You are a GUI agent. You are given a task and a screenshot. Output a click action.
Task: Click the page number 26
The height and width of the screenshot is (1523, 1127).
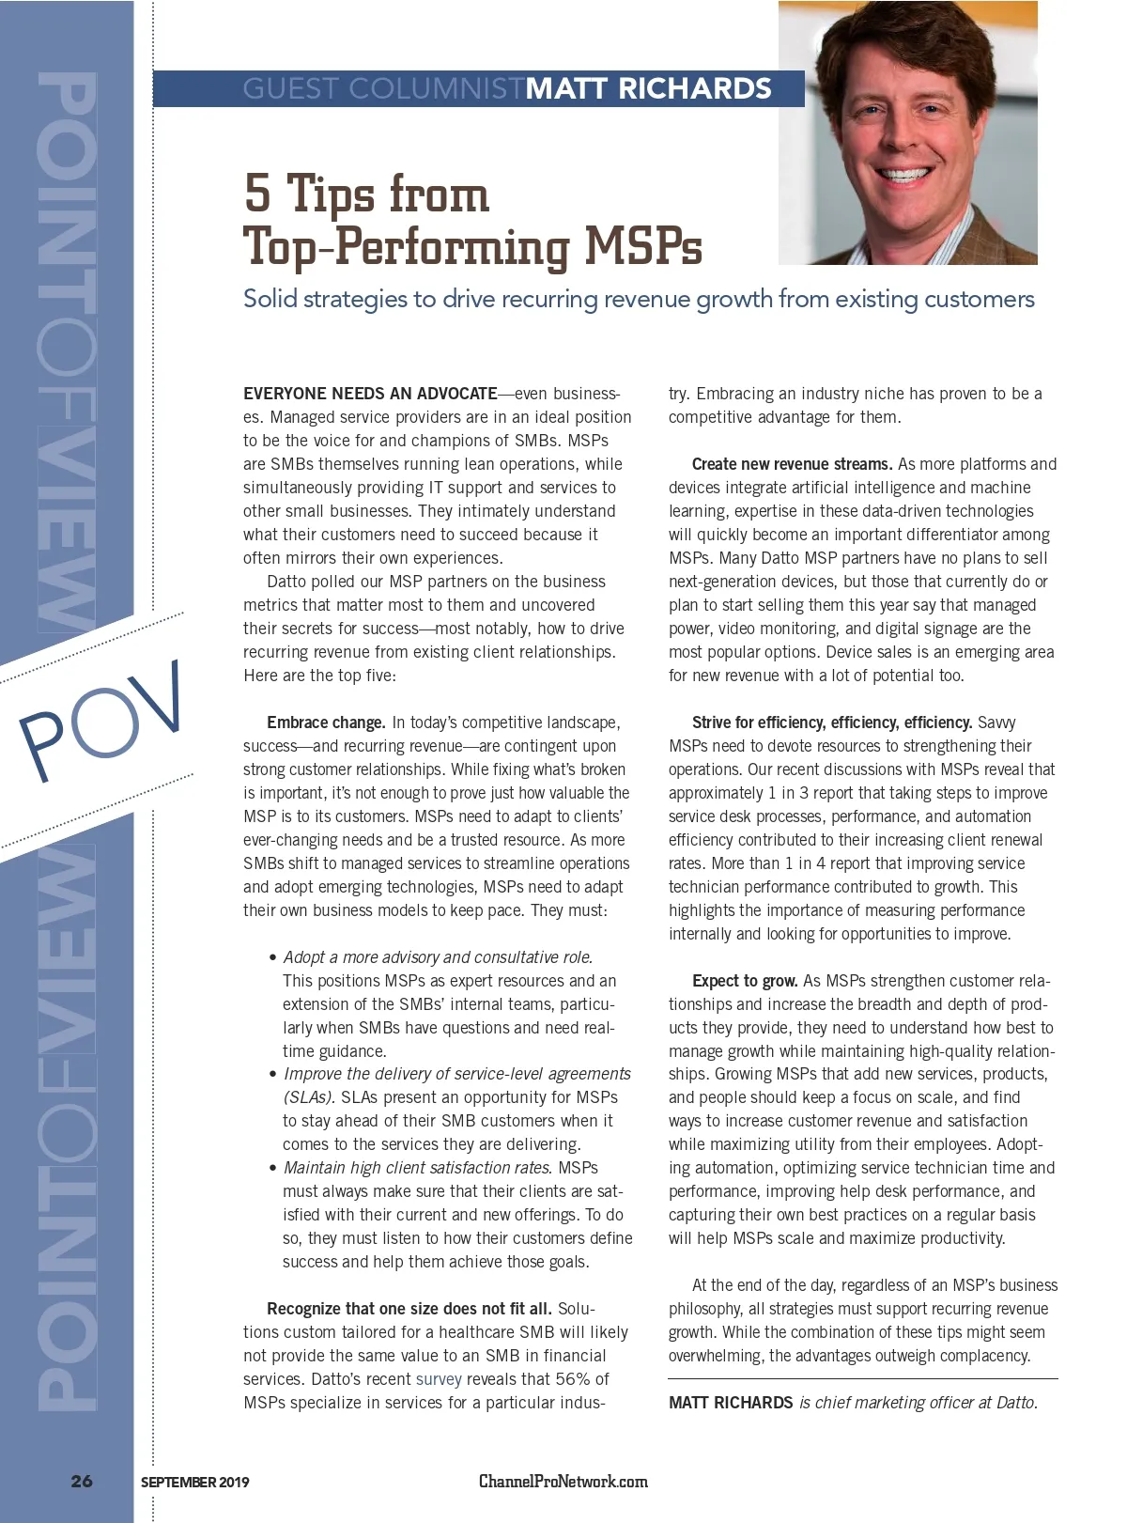(82, 1481)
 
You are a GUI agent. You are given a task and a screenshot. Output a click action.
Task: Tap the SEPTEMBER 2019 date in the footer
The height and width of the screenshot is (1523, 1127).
(194, 1482)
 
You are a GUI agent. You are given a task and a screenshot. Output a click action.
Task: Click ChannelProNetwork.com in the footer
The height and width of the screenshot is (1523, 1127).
(563, 1481)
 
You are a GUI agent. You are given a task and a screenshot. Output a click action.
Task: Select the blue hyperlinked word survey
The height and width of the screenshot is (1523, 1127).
(439, 1379)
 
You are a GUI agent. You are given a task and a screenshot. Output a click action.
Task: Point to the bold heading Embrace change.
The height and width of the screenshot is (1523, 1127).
(326, 723)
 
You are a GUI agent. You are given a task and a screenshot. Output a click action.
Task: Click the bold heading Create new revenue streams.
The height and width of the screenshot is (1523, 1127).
(792, 464)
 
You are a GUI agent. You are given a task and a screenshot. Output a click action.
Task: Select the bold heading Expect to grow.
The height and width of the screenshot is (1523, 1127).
(745, 981)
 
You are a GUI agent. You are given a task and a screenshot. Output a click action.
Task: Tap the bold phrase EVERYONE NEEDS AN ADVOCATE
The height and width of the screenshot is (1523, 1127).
(370, 394)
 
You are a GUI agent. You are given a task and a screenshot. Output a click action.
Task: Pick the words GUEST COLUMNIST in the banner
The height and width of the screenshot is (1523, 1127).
(383, 88)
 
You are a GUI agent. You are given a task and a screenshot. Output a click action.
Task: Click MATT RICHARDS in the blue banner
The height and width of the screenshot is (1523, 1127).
(648, 88)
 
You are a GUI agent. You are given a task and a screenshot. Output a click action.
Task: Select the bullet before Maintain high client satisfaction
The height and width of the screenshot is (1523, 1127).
(272, 1169)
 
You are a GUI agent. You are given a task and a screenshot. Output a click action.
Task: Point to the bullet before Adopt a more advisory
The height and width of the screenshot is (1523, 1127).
(272, 957)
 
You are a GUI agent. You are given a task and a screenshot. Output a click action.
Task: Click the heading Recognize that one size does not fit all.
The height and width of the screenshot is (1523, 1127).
(409, 1309)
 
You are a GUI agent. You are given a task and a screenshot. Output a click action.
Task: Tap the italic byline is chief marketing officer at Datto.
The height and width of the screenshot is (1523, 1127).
(918, 1403)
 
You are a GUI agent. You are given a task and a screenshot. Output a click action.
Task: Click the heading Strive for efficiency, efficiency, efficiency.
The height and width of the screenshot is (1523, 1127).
(831, 723)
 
